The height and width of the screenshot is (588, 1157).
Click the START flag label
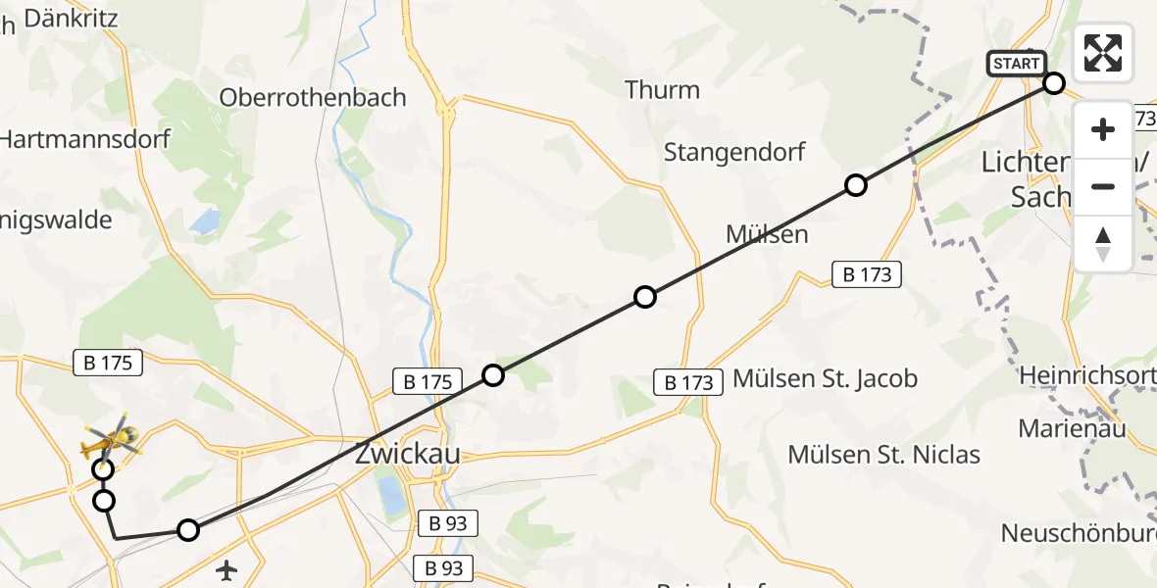point(1016,64)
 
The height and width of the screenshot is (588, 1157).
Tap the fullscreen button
point(1103,53)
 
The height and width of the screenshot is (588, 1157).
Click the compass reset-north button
point(1103,244)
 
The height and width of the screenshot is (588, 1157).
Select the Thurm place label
point(663,90)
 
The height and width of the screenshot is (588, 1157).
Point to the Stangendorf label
point(734,152)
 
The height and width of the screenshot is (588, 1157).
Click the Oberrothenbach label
point(313,98)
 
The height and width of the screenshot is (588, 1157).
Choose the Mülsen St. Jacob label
point(826,378)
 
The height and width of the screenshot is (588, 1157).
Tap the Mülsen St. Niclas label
point(884,454)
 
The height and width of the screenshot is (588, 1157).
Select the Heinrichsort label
point(1087,375)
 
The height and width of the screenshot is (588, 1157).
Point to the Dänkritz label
point(70,18)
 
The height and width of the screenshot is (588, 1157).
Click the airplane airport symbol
point(227,568)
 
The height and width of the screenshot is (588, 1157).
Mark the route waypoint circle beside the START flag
point(1054,83)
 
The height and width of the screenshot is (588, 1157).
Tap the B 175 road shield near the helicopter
point(108,363)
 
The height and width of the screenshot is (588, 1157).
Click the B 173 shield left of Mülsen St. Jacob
point(688,382)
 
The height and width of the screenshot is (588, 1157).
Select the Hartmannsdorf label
point(84,139)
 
